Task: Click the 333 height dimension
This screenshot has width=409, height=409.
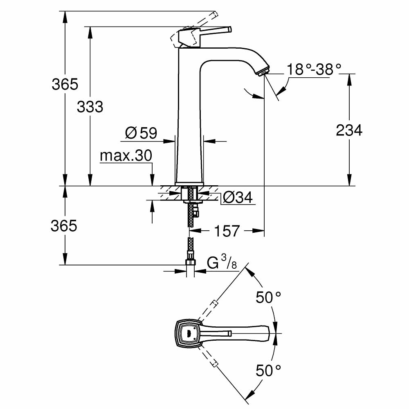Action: click(90, 107)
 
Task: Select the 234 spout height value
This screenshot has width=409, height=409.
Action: click(349, 130)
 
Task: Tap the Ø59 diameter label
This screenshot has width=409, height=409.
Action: click(141, 133)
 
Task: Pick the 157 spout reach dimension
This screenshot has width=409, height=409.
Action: click(227, 231)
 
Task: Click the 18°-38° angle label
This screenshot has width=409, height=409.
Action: click(314, 69)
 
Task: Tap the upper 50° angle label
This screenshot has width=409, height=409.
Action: click(269, 297)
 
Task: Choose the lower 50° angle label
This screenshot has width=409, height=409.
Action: click(269, 371)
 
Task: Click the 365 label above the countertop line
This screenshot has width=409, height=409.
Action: click(65, 84)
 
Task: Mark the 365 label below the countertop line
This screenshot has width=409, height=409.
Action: click(64, 226)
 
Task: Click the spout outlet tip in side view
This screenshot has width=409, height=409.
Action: click(263, 72)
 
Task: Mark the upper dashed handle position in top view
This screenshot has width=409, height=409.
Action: click(213, 305)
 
